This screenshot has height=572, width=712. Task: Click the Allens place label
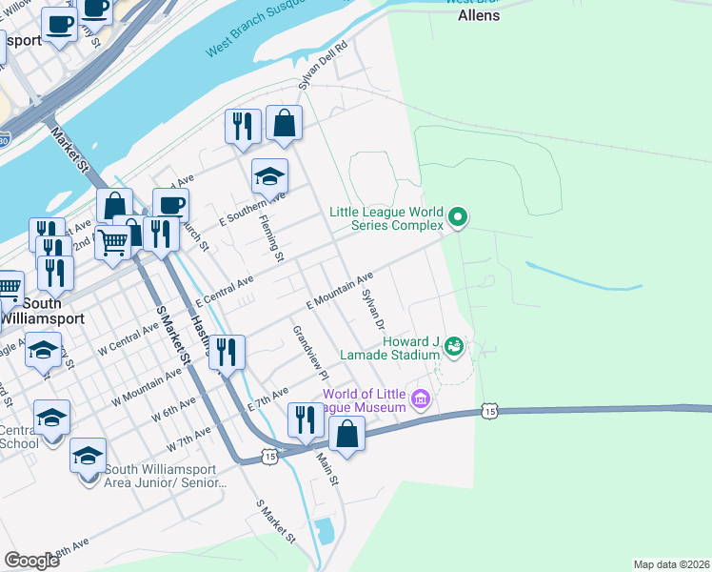(x=478, y=15)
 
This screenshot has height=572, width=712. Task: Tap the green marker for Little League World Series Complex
(x=458, y=218)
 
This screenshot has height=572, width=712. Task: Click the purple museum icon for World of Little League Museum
(x=420, y=400)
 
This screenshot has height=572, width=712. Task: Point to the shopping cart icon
(x=112, y=244)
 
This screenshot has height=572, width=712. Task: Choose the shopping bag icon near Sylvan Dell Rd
(x=284, y=123)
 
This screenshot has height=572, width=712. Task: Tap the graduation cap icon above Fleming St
(x=269, y=176)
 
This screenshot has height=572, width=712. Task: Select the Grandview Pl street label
(x=310, y=348)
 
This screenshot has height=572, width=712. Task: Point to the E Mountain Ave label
(x=339, y=291)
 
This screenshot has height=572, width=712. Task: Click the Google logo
(x=31, y=561)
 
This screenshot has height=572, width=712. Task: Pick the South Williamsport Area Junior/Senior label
(x=160, y=476)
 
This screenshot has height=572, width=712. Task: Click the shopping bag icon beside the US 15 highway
(x=348, y=434)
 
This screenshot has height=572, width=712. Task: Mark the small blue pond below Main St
(x=325, y=531)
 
